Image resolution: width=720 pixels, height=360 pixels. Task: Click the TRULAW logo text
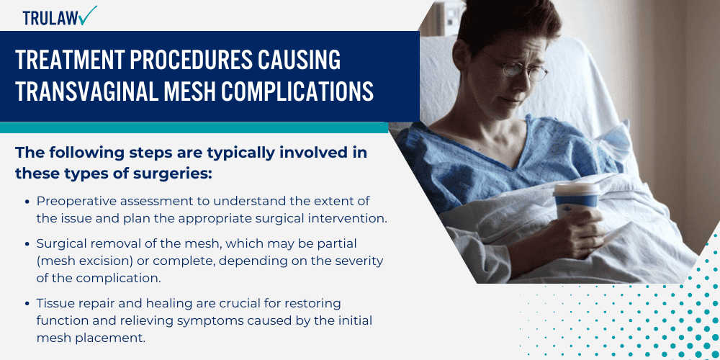point(49,18)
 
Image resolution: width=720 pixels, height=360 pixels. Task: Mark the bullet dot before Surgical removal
point(27,245)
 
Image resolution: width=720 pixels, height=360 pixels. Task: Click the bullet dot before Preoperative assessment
point(27,201)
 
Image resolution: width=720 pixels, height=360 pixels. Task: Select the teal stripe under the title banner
point(194,127)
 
